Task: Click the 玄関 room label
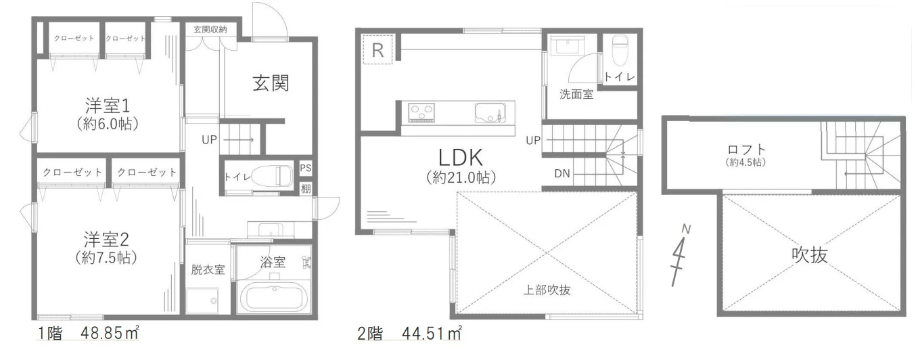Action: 271,83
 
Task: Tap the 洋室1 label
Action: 108,106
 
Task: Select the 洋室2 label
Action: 107,240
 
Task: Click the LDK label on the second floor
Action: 461,157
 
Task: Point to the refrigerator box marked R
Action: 377,49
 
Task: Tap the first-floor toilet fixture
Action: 271,175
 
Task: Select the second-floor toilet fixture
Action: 619,49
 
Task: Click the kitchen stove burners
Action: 421,112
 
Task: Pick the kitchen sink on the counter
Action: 488,113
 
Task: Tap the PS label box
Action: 305,168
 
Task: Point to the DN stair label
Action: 562,174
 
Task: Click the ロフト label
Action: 746,150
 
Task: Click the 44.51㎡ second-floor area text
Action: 432,334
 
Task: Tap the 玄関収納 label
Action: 210,30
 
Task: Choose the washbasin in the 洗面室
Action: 568,46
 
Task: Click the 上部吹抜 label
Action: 547,290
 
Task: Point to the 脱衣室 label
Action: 208,269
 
